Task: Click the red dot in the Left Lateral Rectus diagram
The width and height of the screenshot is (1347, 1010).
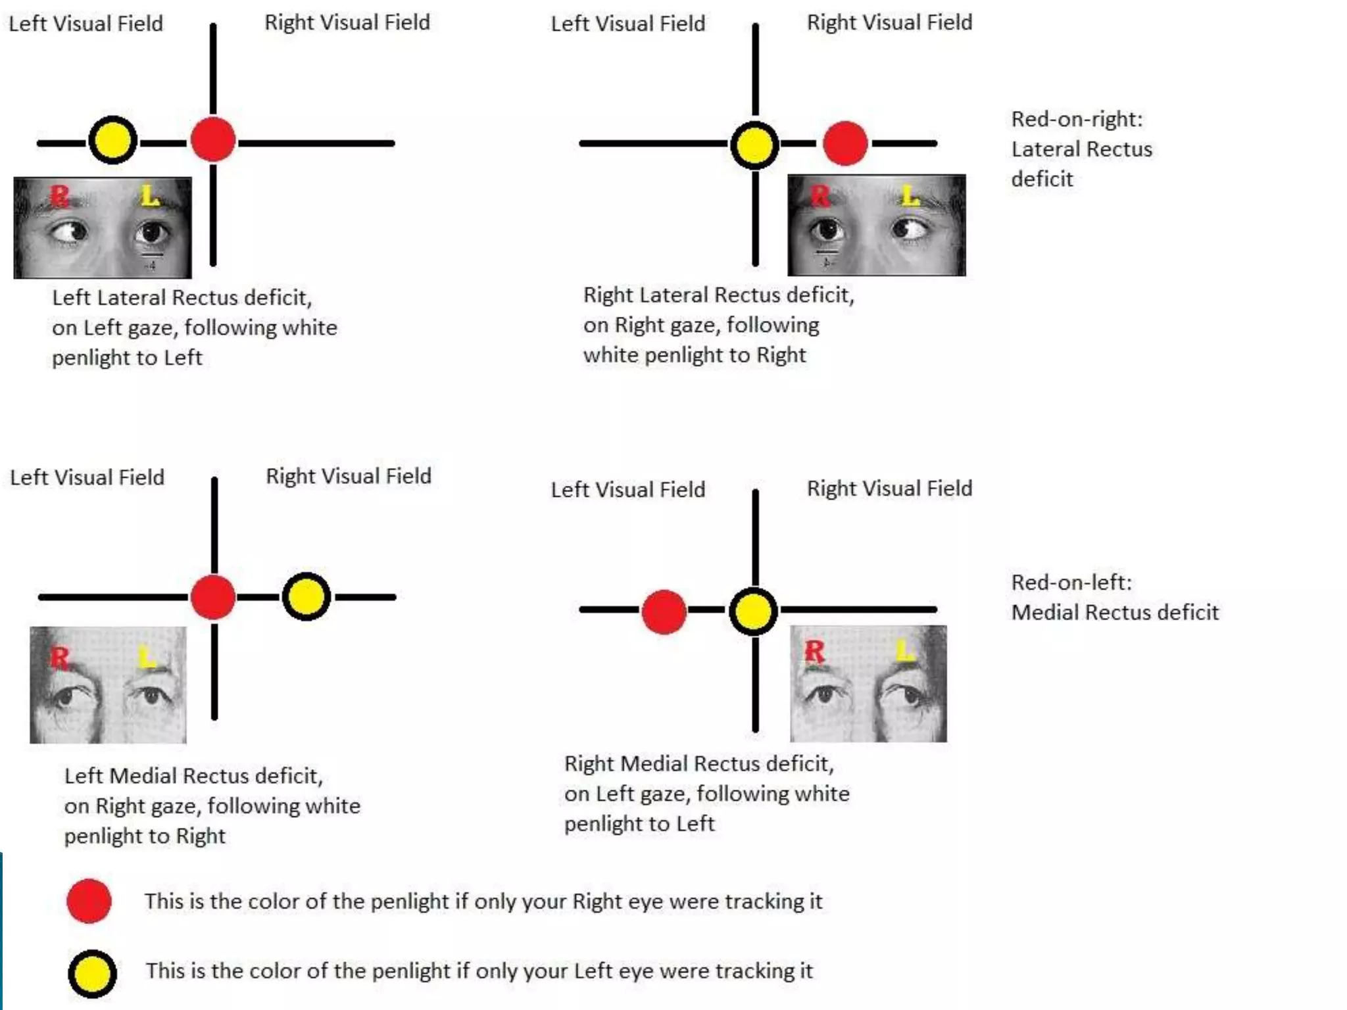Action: pyautogui.click(x=213, y=139)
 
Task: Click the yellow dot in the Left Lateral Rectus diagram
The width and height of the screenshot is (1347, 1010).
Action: pyautogui.click(x=113, y=140)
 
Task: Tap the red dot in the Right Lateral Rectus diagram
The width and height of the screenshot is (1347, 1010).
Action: pyautogui.click(x=845, y=143)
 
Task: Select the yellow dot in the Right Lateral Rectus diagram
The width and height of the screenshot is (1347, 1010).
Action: pyautogui.click(x=754, y=145)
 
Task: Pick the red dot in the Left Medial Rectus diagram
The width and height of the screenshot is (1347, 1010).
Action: pyautogui.click(x=213, y=597)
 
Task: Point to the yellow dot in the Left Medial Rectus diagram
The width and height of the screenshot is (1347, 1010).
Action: pyautogui.click(x=306, y=596)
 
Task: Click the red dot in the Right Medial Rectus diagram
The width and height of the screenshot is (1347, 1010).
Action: pyautogui.click(x=664, y=612)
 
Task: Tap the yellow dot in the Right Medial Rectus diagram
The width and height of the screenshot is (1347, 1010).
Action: pyautogui.click(x=754, y=611)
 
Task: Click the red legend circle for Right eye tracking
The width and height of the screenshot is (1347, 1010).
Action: pyautogui.click(x=89, y=901)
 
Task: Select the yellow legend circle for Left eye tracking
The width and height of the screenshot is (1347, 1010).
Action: pyautogui.click(x=93, y=974)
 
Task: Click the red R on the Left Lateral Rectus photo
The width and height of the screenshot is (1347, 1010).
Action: pyautogui.click(x=59, y=195)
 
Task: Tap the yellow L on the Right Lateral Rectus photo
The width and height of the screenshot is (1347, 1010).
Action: pyautogui.click(x=910, y=195)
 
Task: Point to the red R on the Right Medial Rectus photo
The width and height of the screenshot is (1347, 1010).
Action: pyautogui.click(x=814, y=652)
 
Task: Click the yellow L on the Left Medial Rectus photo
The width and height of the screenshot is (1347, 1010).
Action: pyautogui.click(x=147, y=656)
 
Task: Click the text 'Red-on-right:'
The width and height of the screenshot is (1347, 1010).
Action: pyautogui.click(x=1077, y=120)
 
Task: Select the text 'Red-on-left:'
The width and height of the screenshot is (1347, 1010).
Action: pyautogui.click(x=1071, y=583)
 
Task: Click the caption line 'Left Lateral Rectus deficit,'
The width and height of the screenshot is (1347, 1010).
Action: pyautogui.click(x=182, y=298)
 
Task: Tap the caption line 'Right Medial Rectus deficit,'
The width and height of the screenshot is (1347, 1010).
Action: pyautogui.click(x=698, y=764)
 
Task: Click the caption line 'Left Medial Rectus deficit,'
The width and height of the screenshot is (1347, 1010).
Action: pyautogui.click(x=193, y=777)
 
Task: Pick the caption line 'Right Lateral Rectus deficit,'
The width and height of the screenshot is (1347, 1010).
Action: pyautogui.click(x=718, y=295)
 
